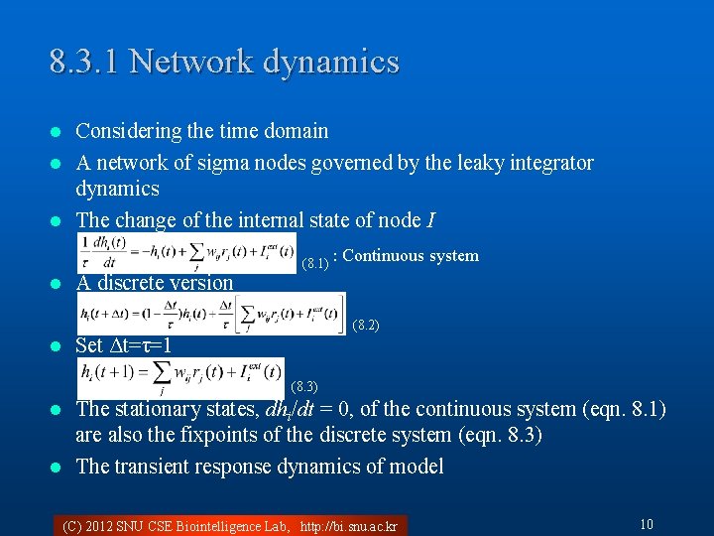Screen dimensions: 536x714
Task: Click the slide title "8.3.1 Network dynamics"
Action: (224, 62)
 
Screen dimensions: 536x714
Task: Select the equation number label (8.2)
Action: (366, 326)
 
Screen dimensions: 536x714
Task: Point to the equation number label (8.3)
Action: (304, 386)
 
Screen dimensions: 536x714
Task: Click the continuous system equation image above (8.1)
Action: (186, 252)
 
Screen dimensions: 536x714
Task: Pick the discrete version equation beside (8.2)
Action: (211, 314)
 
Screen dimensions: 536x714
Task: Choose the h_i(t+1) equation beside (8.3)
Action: (181, 378)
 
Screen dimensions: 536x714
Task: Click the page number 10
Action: (646, 524)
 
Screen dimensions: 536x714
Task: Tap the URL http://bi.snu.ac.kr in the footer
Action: (348, 526)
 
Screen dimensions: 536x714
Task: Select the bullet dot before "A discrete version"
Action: (57, 284)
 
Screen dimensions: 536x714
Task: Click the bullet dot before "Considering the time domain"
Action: (57, 132)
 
